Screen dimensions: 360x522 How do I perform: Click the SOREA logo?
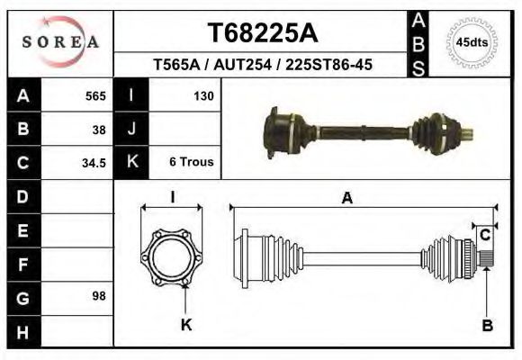click(x=60, y=42)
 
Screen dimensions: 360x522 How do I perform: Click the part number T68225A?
click(x=263, y=33)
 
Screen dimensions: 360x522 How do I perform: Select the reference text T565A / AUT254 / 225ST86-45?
click(x=263, y=66)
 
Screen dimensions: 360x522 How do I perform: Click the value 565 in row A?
click(x=95, y=95)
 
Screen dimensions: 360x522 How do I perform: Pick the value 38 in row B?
click(x=99, y=129)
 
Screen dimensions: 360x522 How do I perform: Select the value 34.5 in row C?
click(x=94, y=163)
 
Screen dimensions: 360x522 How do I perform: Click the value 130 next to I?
click(x=203, y=95)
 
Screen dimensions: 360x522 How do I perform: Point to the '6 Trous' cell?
click(x=191, y=163)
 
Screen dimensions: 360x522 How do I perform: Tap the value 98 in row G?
click(x=99, y=297)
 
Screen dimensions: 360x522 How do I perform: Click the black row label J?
click(x=132, y=129)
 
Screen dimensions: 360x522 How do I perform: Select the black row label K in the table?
click(x=132, y=163)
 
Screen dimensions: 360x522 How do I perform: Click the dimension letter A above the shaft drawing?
click(x=346, y=199)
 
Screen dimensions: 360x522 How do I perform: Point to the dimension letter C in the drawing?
click(x=484, y=235)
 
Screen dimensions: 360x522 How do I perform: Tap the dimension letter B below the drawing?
click(x=487, y=326)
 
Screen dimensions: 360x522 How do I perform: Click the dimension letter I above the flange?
click(x=173, y=198)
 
